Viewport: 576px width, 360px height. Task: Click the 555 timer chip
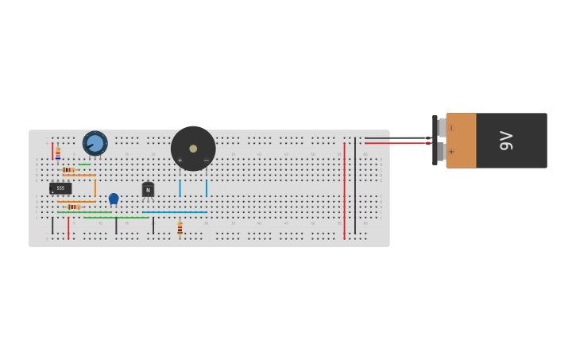[x=60, y=188]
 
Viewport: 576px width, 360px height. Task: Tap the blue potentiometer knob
[x=95, y=144]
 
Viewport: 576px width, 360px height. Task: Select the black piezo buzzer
[x=193, y=148]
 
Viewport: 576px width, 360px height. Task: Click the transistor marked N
[x=148, y=190]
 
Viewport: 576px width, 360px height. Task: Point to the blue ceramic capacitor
[x=114, y=198]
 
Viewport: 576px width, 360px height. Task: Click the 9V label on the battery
[x=506, y=141]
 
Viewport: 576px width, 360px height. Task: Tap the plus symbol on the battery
[x=451, y=151]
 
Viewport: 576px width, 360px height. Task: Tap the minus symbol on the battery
[x=451, y=128]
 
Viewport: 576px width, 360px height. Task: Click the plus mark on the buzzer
[x=180, y=161]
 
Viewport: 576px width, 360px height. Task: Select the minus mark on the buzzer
[x=206, y=161]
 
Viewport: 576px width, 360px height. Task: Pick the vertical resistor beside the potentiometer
[x=58, y=153]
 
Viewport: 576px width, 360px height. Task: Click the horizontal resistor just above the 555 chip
[x=69, y=169]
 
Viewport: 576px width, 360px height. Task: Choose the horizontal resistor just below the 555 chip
[x=73, y=207]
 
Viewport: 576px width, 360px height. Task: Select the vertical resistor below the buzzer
[x=180, y=229]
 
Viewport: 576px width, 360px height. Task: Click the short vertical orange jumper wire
[x=95, y=188]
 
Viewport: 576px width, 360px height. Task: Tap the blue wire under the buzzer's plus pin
[x=180, y=188]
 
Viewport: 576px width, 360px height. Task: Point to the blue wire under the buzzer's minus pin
[x=206, y=188]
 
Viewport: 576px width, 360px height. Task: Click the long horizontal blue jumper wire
[x=175, y=212]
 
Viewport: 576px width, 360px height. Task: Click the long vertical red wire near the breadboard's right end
[x=344, y=191]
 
